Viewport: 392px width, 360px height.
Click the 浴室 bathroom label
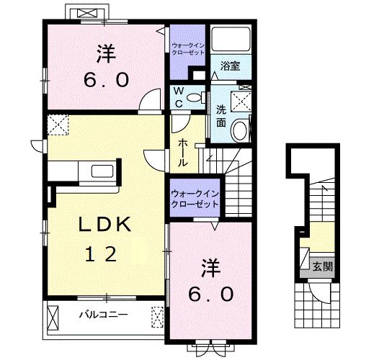(x=231, y=66)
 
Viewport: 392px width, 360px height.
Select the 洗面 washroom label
(x=221, y=116)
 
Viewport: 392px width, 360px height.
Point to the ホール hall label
(x=183, y=152)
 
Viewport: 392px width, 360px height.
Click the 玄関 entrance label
(x=321, y=266)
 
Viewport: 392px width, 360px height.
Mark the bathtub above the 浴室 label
(x=231, y=40)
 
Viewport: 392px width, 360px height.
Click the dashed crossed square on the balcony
(x=158, y=315)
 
